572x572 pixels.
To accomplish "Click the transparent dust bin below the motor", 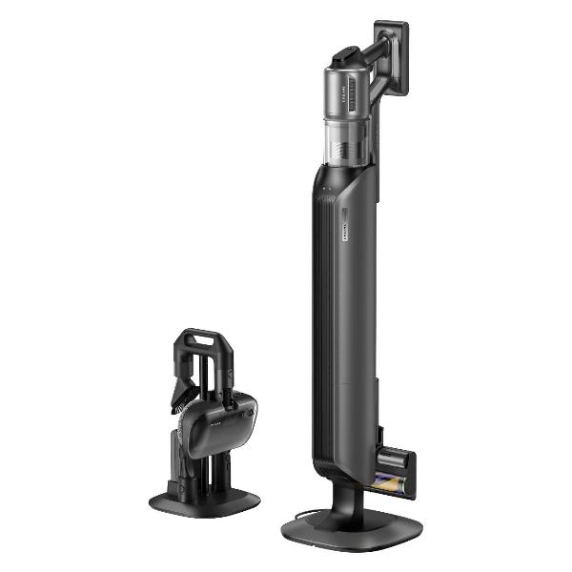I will tap(340, 137).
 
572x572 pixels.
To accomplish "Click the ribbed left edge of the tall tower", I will tap(315, 315).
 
